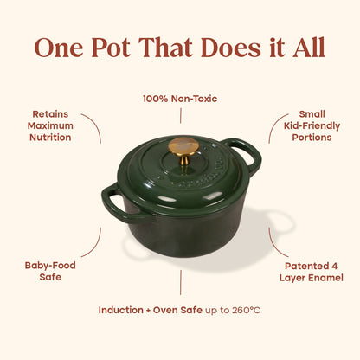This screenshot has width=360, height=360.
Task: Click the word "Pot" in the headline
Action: coord(111,48)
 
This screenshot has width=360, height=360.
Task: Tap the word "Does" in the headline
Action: coord(231,48)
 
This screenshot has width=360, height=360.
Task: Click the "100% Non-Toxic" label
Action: coord(180,99)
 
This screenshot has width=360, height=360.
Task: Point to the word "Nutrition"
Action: coord(50,138)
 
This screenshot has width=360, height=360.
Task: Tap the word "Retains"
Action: coord(50,114)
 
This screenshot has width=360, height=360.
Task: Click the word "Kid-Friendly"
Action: coord(312,126)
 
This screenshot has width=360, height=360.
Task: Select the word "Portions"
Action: coord(312,138)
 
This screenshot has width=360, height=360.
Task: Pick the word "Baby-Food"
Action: coord(50,266)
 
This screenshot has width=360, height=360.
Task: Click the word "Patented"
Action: coord(306,266)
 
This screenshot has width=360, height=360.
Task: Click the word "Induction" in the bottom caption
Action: coord(121,310)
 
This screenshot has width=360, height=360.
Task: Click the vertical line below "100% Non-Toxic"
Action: coord(181,116)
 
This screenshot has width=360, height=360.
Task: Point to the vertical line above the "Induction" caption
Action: coord(181,282)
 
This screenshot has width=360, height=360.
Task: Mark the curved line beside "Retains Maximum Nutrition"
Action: coord(96,124)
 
